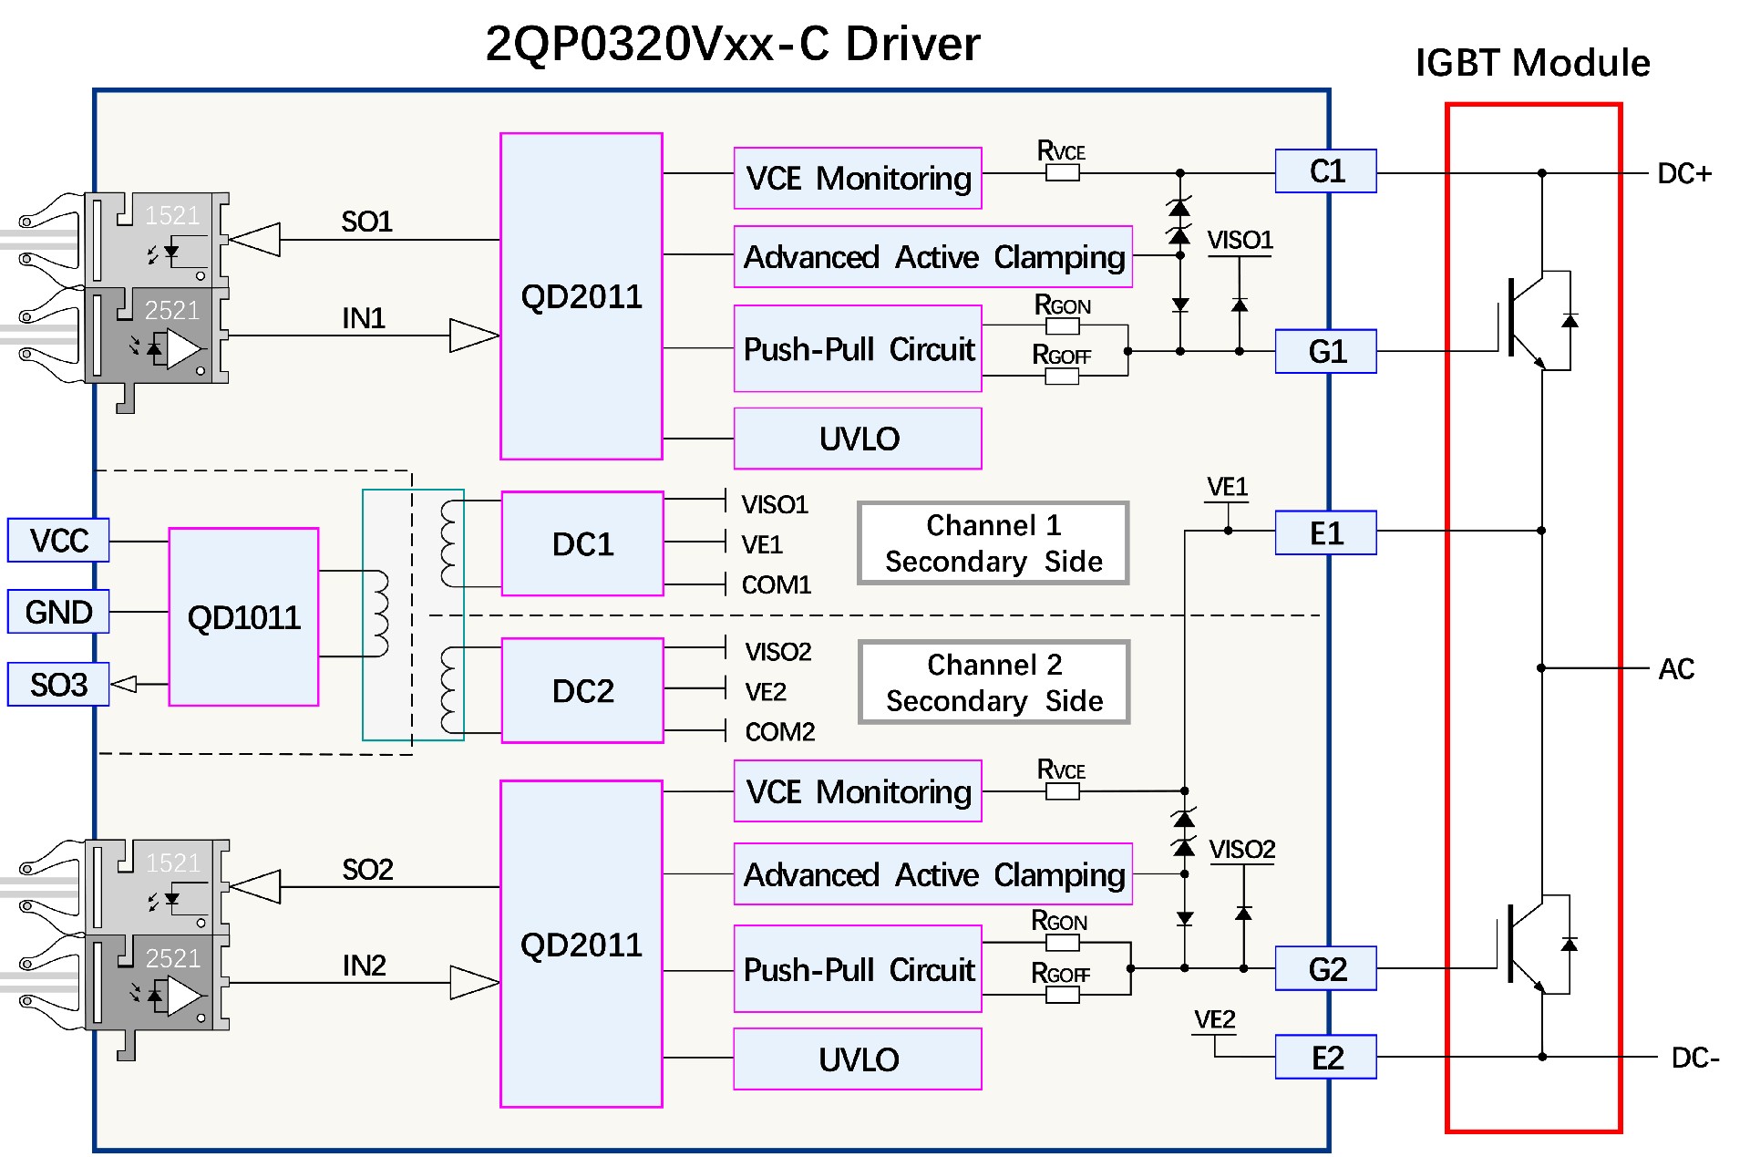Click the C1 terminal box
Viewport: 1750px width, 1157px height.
click(x=1325, y=171)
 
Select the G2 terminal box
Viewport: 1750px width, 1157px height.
click(x=1325, y=968)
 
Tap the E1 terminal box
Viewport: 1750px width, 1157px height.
click(x=1325, y=533)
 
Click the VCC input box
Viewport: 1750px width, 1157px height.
click(x=58, y=541)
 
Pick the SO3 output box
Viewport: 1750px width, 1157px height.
click(x=58, y=685)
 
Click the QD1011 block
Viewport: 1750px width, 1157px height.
click(x=243, y=617)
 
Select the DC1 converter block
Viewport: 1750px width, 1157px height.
click(x=582, y=544)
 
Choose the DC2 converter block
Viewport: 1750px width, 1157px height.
click(x=582, y=691)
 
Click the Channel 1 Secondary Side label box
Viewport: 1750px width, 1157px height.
click(x=993, y=543)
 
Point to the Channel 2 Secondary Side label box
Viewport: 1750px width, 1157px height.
click(x=994, y=683)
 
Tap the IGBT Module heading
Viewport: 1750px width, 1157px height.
click(x=1532, y=63)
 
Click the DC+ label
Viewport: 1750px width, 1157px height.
click(x=1683, y=173)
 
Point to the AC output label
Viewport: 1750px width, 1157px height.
click(x=1675, y=669)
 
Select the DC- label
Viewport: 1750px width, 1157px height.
click(x=1694, y=1058)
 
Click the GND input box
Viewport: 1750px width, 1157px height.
click(x=58, y=612)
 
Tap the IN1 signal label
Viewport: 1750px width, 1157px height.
click(x=364, y=318)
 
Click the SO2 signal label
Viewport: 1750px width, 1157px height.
click(x=367, y=870)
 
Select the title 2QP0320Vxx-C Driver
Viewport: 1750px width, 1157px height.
click(x=733, y=44)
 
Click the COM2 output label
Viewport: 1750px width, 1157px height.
click(x=779, y=732)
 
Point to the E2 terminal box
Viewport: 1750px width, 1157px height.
click(x=1325, y=1058)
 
